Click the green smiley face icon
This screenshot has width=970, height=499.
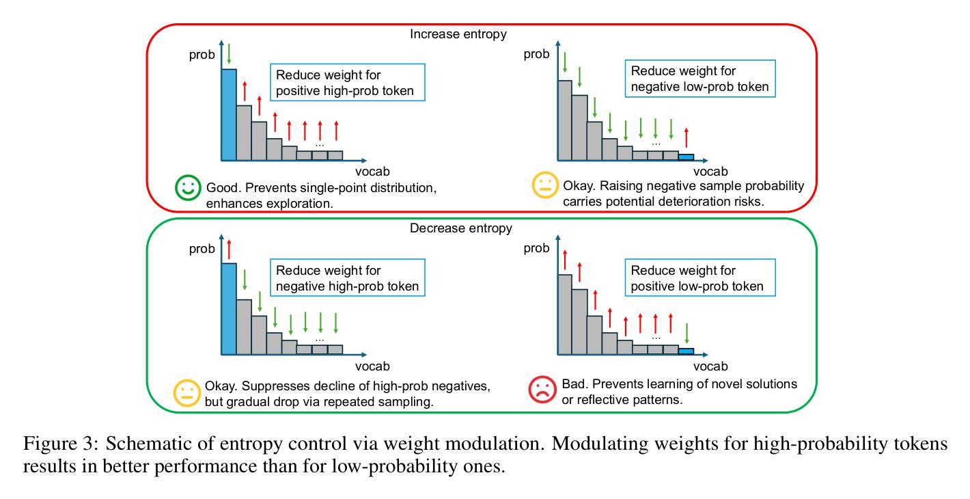(187, 188)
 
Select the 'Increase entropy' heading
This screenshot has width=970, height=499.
(458, 33)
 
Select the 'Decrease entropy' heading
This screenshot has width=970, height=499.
(460, 228)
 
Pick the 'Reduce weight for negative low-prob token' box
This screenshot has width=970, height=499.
(702, 79)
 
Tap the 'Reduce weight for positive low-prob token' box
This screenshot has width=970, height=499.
(702, 278)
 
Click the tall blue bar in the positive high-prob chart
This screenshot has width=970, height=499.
(228, 115)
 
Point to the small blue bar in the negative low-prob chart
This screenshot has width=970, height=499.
(686, 157)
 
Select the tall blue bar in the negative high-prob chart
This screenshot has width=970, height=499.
(228, 309)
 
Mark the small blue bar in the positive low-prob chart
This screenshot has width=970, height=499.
(686, 351)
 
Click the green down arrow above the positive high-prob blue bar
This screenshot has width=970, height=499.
(229, 54)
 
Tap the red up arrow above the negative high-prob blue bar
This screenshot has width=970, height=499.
(229, 249)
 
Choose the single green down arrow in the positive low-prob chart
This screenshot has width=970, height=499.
(686, 333)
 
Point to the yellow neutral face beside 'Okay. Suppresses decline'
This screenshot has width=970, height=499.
(187, 392)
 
